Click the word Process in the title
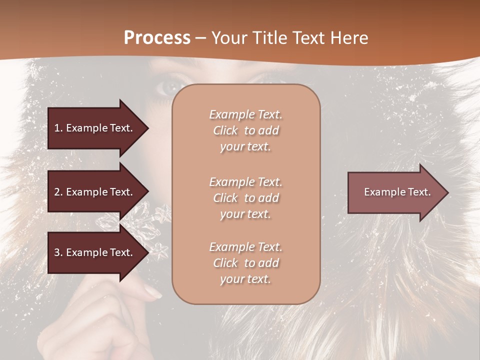click(x=157, y=38)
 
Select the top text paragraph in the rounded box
click(x=245, y=130)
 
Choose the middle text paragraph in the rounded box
click(x=245, y=198)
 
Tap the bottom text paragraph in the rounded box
click(x=245, y=263)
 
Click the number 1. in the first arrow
click(x=58, y=128)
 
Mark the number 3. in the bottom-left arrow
click(x=58, y=252)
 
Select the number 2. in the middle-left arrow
click(x=58, y=192)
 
